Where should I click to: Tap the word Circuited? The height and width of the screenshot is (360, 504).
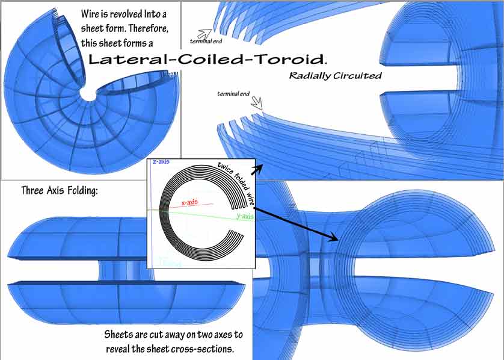click(357, 76)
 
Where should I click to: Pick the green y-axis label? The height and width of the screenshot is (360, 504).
click(245, 215)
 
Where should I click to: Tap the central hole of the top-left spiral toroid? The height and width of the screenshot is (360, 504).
click(89, 95)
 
